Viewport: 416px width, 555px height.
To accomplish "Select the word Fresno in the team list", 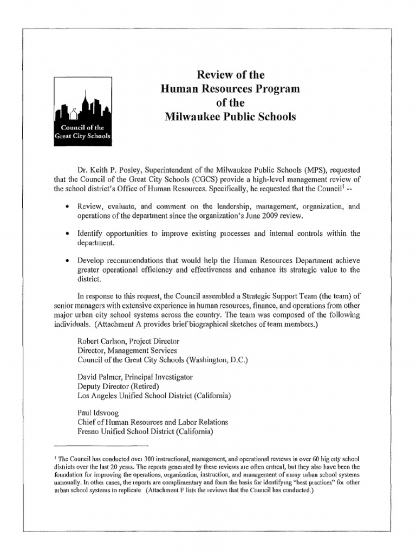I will (x=89, y=432).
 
